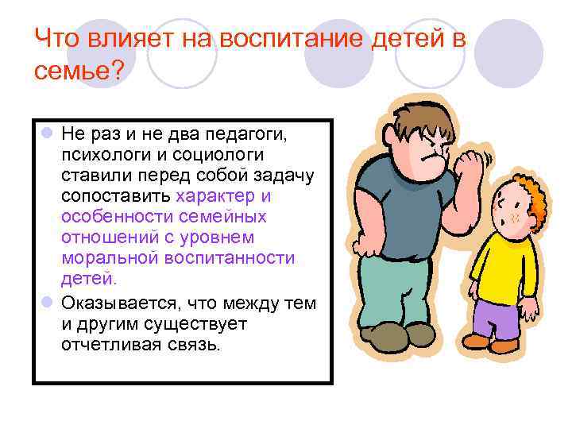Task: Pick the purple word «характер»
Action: point(218,195)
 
